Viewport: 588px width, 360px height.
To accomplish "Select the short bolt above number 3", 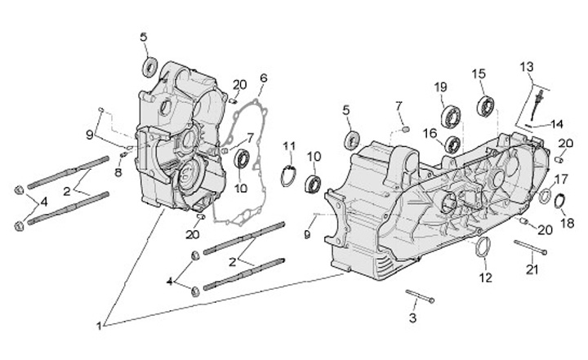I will click(x=420, y=296).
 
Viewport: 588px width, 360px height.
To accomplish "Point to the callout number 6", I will click(x=263, y=78).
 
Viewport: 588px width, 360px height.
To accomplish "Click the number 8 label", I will click(x=118, y=172).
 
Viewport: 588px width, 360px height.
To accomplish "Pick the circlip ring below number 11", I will click(x=288, y=175).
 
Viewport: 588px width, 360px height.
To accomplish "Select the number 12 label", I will click(x=485, y=278).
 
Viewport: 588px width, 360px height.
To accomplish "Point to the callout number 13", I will click(x=526, y=66).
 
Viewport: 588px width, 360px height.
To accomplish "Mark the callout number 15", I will click(x=479, y=73).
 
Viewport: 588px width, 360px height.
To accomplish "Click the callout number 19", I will click(x=440, y=87).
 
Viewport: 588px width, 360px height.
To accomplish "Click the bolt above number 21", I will click(x=529, y=247).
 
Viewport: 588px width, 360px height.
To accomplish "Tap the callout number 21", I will click(x=532, y=270).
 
